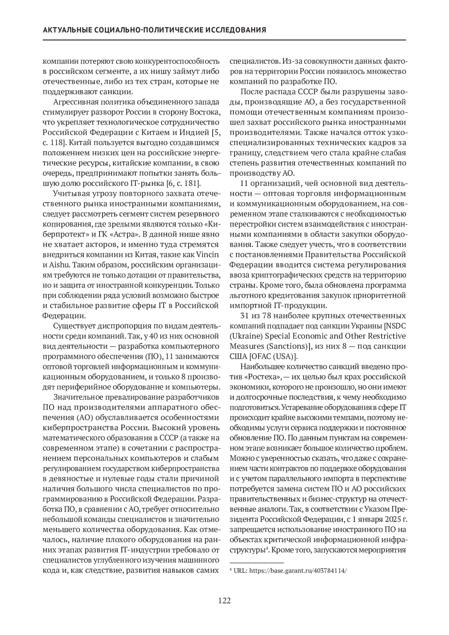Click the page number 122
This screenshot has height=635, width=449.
(224, 601)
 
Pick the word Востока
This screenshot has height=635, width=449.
(202, 112)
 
